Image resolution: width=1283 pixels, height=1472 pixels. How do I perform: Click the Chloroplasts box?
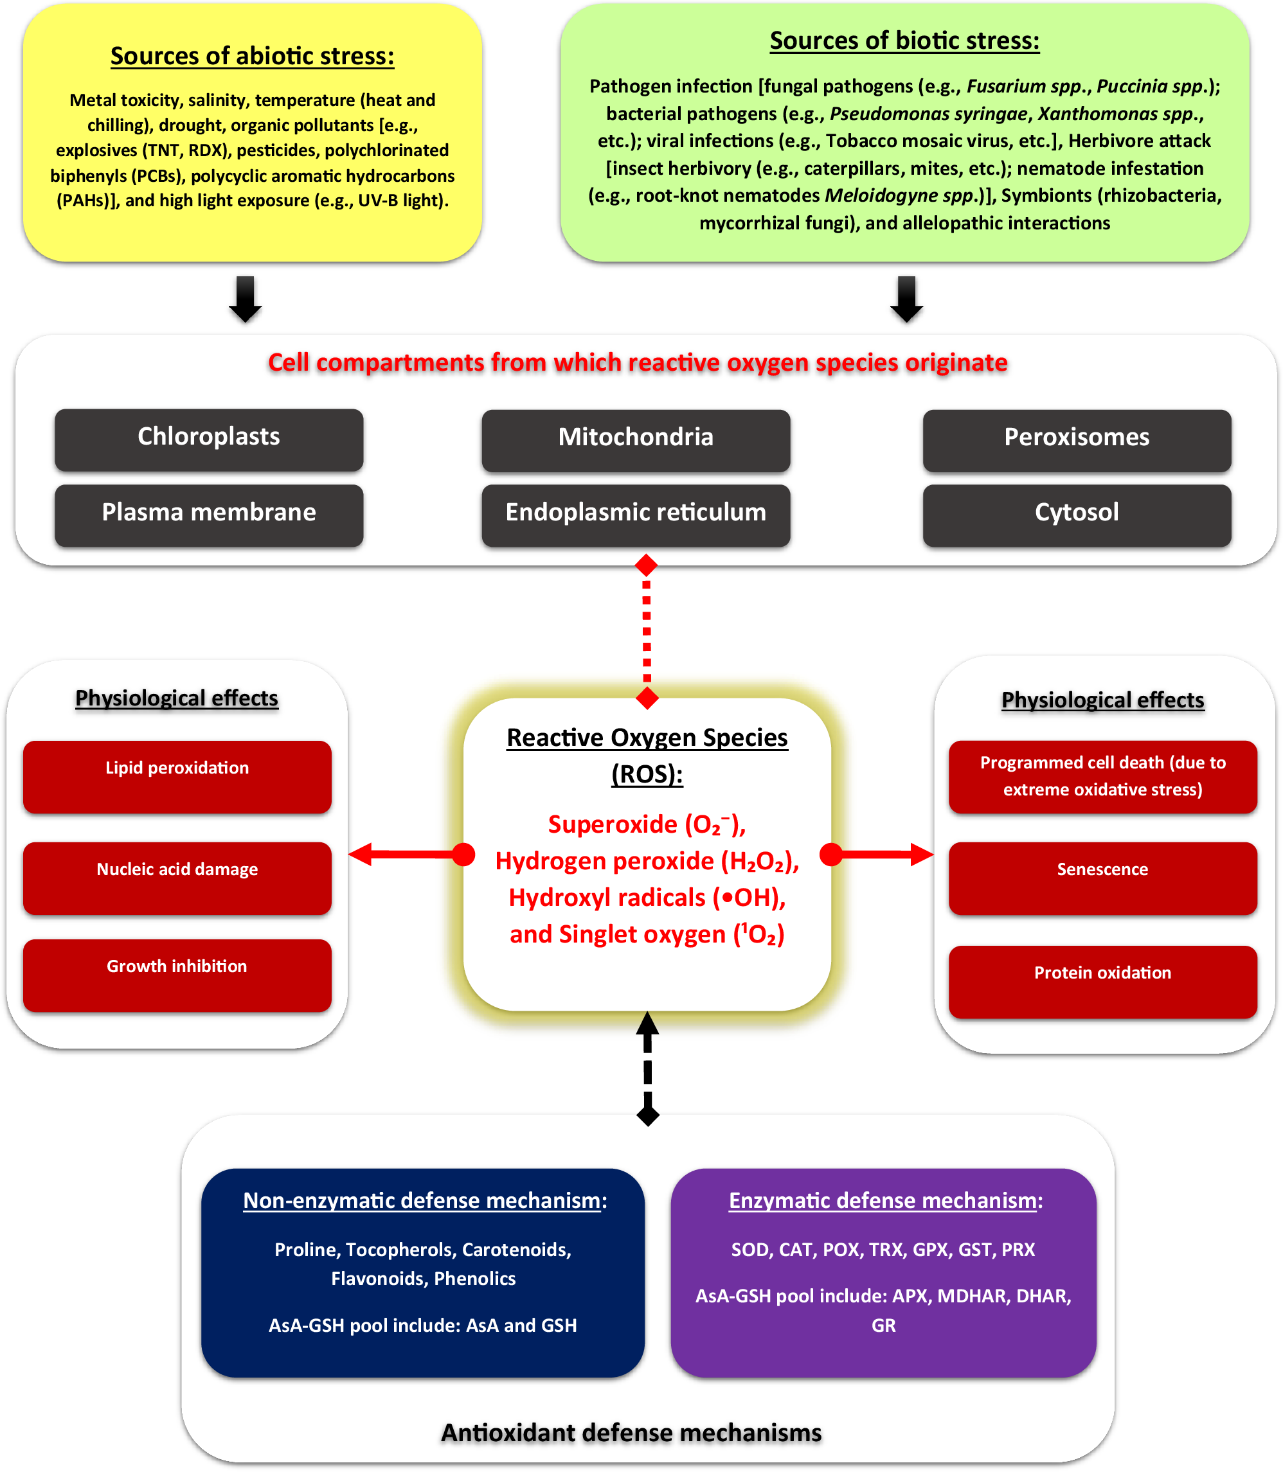click(208, 439)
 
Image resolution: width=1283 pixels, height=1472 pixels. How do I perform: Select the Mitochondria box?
click(635, 440)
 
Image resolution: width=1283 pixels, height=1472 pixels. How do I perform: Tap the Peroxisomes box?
click(1076, 440)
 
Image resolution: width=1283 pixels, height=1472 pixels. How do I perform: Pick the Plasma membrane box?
click(208, 515)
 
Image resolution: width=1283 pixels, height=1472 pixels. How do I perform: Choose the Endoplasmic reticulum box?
click(635, 515)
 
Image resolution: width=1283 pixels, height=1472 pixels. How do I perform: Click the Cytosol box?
click(1076, 515)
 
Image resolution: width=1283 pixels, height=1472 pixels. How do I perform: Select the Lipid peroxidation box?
click(177, 776)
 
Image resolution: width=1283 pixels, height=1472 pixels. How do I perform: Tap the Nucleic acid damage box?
click(177, 878)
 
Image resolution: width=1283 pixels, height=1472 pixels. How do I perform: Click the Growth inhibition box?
click(177, 975)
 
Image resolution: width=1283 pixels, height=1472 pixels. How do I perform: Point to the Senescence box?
click(1102, 878)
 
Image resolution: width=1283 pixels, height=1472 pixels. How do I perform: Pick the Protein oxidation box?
click(1102, 981)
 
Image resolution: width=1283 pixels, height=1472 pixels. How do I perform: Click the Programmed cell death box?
click(1102, 776)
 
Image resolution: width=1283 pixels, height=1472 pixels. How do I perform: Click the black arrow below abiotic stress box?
click(245, 299)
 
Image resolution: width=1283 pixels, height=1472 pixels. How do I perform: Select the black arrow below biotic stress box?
click(906, 299)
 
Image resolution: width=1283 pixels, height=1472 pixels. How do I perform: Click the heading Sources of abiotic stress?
click(252, 56)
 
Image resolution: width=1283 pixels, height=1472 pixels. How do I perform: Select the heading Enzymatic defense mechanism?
click(885, 1200)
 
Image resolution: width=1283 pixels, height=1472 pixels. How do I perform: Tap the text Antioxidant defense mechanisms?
click(631, 1433)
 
